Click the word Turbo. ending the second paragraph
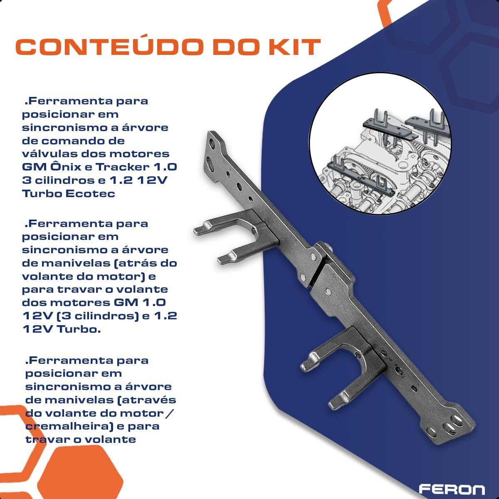[79, 329]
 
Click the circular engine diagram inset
[380, 144]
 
